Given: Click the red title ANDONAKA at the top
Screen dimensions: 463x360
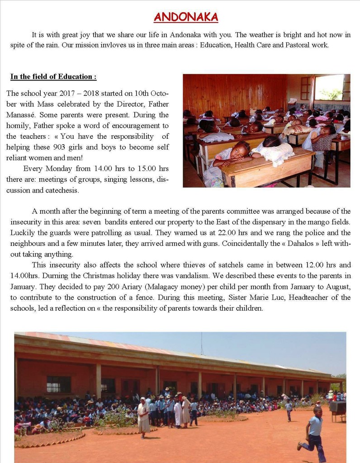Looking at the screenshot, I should [186, 18].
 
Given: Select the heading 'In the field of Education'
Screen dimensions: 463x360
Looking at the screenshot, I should [53, 76].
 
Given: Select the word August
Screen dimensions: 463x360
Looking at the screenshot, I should [335, 287].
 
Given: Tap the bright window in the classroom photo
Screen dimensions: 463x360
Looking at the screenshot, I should [330, 87].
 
